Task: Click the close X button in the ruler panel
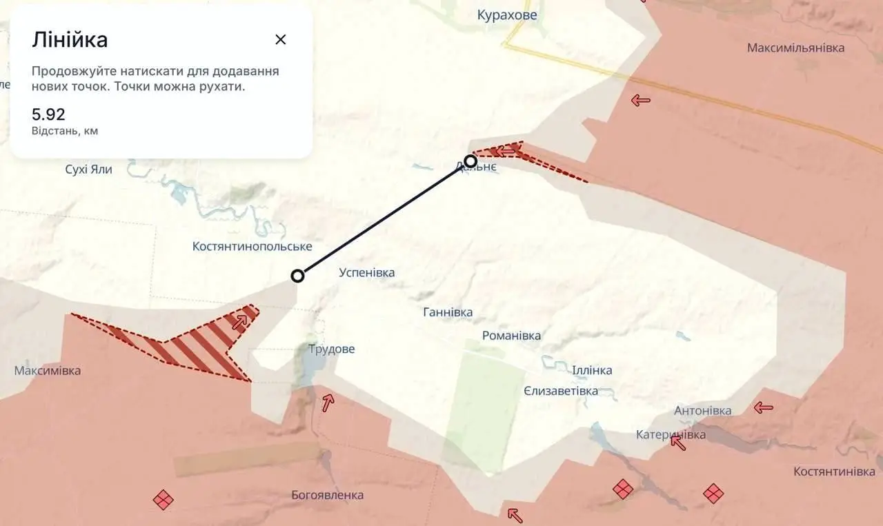[280, 39]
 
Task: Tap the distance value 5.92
[48, 114]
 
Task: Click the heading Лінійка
[70, 40]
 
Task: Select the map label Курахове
[507, 14]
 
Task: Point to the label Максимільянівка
[795, 48]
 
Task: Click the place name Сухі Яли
[88, 169]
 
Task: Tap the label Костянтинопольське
[252, 246]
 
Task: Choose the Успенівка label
[367, 272]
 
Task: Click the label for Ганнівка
[448, 312]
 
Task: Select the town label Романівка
[511, 336]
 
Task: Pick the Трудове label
[332, 349]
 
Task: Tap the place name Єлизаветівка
[560, 391]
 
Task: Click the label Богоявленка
[328, 495]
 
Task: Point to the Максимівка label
[47, 370]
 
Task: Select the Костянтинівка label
[834, 472]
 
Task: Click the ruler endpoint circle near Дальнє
[470, 161]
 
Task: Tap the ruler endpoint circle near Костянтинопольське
[297, 276]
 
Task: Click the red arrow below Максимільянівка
[640, 101]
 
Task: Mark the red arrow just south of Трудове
[328, 402]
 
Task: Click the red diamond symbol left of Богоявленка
[163, 499]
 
